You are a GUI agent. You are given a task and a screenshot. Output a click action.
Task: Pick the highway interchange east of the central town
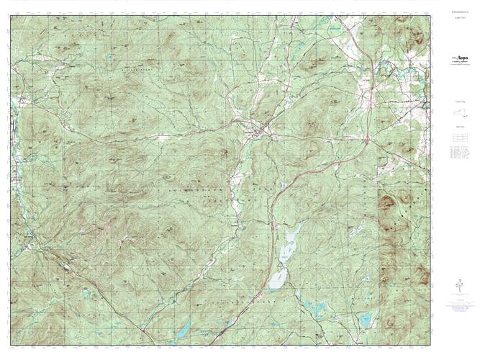pos(366,137)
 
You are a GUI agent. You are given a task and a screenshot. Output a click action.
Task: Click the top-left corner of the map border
pos(10,16)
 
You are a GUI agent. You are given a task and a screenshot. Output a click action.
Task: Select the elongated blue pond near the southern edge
pos(184,330)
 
